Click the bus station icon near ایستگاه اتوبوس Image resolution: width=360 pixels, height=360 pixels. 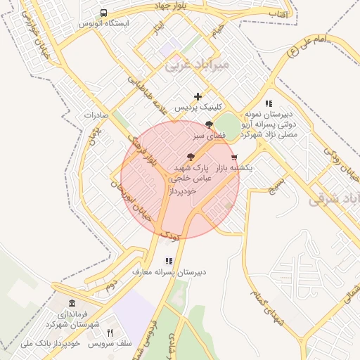(104, 13)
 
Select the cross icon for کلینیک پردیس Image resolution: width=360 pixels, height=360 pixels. (198, 96)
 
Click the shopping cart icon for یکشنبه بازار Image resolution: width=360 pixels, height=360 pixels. (234, 157)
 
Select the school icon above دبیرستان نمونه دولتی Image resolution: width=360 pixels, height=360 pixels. (269, 103)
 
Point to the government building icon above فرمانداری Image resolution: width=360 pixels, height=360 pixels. (73, 303)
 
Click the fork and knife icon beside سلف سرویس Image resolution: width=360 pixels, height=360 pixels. (110, 332)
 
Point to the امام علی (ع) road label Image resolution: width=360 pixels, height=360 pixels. (312, 46)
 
